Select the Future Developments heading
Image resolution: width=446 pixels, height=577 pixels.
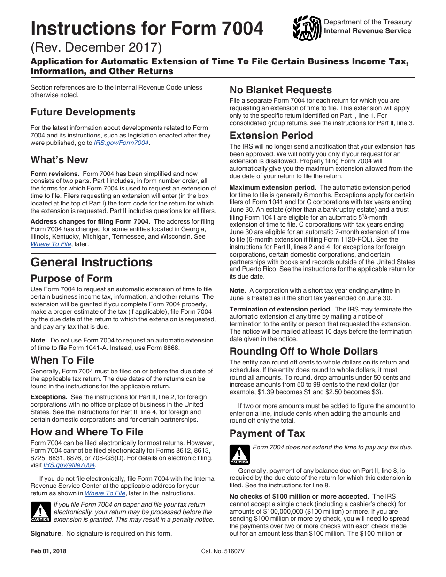[83, 112]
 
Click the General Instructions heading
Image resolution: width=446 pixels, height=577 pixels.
[92, 262]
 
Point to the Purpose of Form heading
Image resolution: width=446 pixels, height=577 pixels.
[71, 279]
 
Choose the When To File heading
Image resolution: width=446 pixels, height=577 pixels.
[62, 360]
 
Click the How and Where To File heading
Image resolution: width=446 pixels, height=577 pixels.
[87, 432]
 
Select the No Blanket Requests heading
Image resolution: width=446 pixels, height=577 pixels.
[281, 90]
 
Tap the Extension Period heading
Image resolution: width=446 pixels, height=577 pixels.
[271, 136]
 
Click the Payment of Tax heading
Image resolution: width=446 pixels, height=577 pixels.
[267, 433]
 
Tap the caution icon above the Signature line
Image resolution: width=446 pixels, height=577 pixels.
[40, 512]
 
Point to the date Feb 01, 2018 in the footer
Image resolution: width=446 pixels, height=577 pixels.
[48, 551]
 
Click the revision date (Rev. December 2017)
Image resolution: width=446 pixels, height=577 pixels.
[96, 47]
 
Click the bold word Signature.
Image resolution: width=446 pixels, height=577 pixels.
[46, 533]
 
